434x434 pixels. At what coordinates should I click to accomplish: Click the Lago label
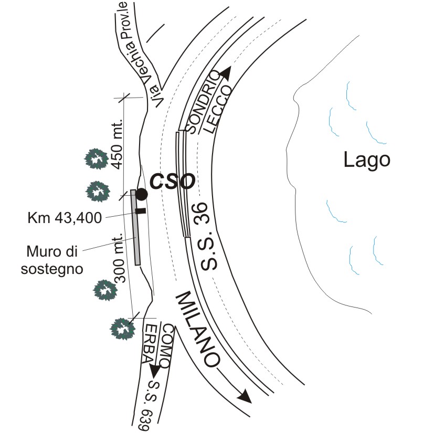367,159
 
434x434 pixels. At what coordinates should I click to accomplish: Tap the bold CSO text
173,182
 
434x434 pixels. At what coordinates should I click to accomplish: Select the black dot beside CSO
142,194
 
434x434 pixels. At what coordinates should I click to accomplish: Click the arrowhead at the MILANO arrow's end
246,395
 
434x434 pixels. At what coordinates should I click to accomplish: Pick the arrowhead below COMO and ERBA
155,371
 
